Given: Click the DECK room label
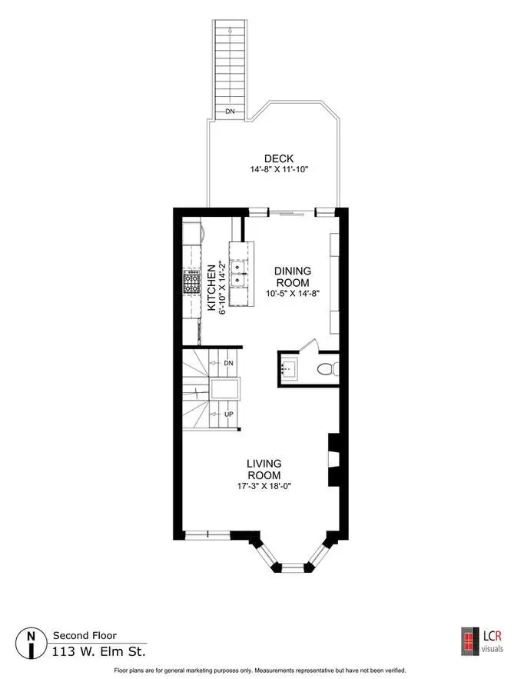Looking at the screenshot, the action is point(279,158).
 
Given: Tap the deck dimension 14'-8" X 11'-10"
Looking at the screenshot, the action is point(279,169).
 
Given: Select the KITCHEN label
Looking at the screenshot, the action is point(211,288).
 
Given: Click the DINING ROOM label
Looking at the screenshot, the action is point(293,277).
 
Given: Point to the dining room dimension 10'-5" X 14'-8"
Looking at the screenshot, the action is point(293,293).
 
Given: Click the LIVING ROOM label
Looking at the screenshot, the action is point(264,469).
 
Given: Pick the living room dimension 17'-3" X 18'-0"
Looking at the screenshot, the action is point(264,486).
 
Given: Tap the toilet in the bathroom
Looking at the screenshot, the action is point(328,369).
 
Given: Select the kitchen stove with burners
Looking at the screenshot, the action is point(191,282).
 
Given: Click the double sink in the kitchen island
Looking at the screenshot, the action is point(238,274).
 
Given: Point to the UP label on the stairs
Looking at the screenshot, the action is point(229,414).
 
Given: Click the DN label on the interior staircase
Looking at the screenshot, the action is point(229,363).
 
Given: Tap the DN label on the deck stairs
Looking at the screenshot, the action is point(230,112).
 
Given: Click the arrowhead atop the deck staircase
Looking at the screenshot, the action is point(230,30).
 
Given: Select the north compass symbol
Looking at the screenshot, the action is point(32,643).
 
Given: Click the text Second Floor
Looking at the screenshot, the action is point(85,635).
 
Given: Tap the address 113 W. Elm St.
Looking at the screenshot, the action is point(99,651).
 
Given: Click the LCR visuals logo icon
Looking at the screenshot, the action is point(470,641).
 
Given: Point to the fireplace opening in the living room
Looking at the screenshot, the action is point(334,459).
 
